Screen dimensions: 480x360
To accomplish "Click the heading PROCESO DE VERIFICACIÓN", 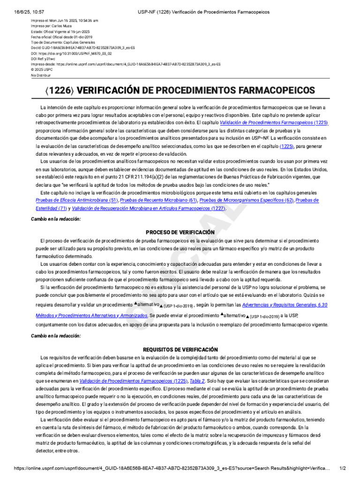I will click(180, 232).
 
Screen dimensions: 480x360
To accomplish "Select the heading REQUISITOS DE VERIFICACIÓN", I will click(180, 349).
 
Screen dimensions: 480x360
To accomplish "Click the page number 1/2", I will click(342, 468).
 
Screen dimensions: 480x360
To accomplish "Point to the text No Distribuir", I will click(41, 75).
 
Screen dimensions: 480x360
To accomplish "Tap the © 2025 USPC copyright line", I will click(42, 69).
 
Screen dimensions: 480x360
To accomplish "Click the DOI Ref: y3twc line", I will click(43, 59).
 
